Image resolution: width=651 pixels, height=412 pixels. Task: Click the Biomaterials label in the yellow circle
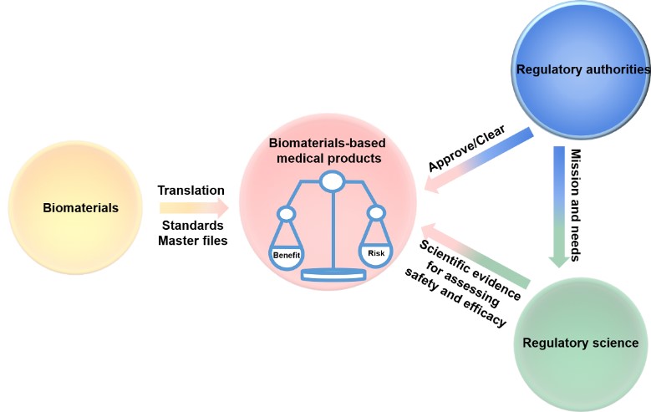(x=80, y=207)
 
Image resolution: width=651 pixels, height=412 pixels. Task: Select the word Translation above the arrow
(x=191, y=191)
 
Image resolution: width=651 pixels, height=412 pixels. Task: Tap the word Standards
(x=193, y=225)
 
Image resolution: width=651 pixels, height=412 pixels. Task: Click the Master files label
(x=193, y=241)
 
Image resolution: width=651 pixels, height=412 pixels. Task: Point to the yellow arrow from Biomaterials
(x=194, y=207)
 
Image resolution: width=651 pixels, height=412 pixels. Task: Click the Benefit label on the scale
(x=287, y=255)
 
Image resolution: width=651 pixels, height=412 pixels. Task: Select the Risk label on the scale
(x=376, y=253)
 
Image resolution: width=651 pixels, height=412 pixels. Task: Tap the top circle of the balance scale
(x=332, y=181)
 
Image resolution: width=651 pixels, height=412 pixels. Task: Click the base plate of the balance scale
(x=333, y=274)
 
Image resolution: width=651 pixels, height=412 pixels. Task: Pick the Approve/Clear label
(x=466, y=148)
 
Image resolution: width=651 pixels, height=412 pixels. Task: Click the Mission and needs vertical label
(x=576, y=206)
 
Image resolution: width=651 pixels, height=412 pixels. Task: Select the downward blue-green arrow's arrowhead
(x=559, y=262)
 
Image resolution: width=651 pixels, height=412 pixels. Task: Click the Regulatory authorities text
(x=583, y=69)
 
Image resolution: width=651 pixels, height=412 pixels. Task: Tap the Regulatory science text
(x=581, y=343)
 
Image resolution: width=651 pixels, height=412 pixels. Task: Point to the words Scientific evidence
(x=470, y=270)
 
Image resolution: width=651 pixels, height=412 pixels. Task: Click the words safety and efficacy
(x=455, y=298)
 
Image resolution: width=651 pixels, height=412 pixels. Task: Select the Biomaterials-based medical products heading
(x=328, y=150)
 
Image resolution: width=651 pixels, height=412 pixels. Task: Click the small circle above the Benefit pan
(x=287, y=214)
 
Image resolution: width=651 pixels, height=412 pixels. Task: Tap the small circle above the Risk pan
(x=377, y=213)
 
